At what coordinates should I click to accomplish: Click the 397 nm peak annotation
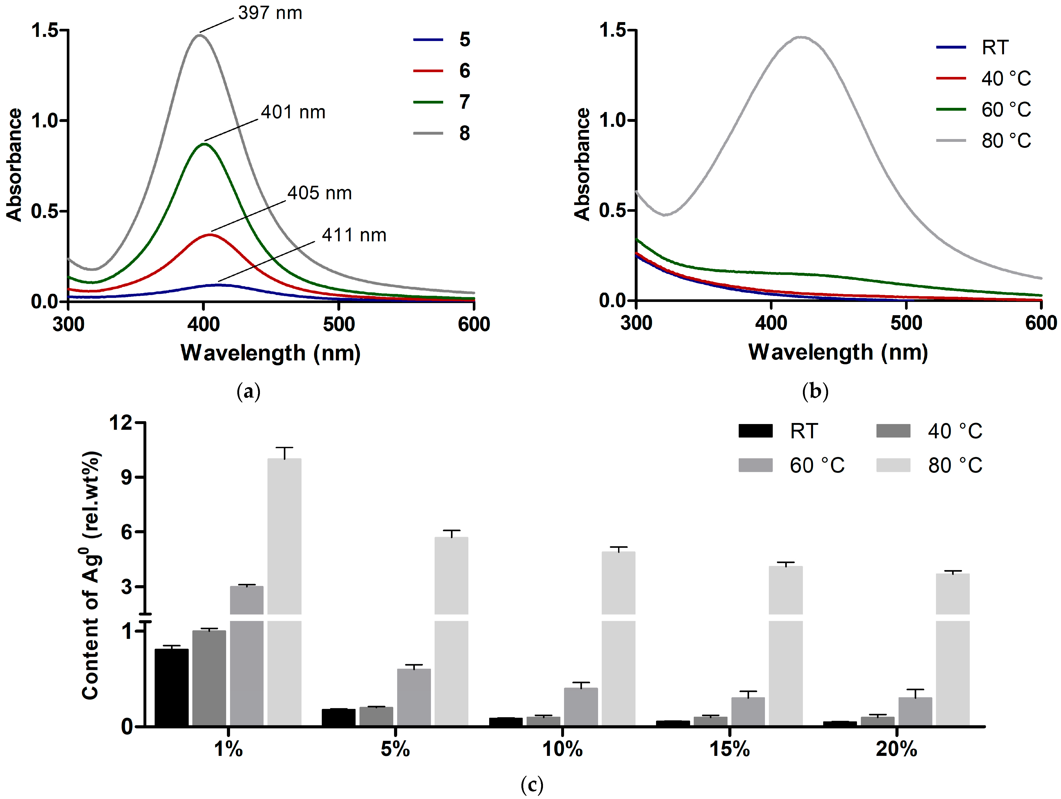(x=270, y=13)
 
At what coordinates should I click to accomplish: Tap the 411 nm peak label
(x=354, y=235)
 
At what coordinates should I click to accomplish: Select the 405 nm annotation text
(x=319, y=193)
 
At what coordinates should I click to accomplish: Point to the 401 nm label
(x=293, y=112)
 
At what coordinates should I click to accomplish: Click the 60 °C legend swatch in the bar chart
(x=755, y=465)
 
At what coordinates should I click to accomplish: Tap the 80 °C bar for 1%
(x=284, y=590)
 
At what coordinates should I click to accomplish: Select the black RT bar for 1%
(x=171, y=687)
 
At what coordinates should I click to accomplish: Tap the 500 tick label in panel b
(x=906, y=323)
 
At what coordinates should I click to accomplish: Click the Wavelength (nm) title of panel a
(x=271, y=353)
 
